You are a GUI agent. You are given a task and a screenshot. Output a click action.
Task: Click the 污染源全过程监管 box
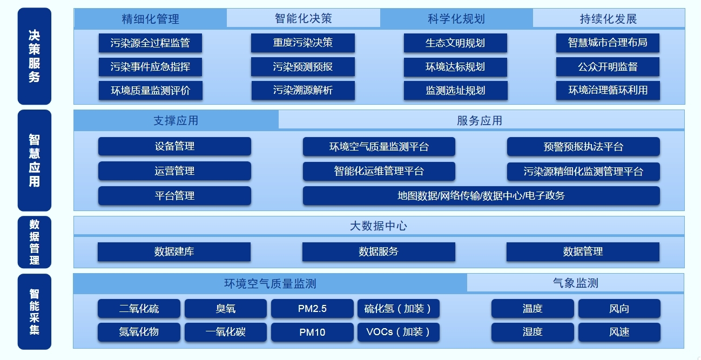tap(150, 43)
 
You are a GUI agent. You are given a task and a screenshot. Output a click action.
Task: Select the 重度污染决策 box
tap(303, 43)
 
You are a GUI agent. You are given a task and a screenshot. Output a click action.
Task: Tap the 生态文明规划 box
tap(455, 43)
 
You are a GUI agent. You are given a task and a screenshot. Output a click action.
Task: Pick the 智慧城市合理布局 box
tap(608, 43)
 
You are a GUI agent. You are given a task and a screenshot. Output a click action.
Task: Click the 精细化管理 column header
tap(150, 19)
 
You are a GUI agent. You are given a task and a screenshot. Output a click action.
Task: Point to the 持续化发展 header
tap(608, 19)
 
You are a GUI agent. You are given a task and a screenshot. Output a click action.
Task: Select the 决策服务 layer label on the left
tap(35, 56)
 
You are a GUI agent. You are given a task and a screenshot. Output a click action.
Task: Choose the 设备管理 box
tap(174, 146)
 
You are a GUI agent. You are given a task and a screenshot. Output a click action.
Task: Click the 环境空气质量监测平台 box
tap(379, 147)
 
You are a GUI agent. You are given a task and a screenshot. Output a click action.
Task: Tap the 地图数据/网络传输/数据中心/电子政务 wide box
tap(481, 196)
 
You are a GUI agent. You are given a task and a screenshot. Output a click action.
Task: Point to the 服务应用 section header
tap(480, 120)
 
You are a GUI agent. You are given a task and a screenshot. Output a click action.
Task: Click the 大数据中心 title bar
tap(379, 226)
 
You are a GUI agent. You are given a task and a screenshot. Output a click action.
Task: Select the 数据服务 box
tap(379, 252)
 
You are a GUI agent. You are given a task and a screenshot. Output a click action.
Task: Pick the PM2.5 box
tap(312, 309)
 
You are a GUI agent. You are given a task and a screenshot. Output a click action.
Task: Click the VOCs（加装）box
tap(399, 332)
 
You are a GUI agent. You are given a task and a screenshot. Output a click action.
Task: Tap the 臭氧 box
tap(225, 309)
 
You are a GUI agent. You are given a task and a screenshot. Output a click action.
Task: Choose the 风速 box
tap(619, 332)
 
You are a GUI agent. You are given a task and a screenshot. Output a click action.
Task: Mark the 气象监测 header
tap(575, 283)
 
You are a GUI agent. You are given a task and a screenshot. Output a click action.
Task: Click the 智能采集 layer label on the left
tap(35, 311)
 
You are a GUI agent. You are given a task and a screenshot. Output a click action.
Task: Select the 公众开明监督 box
tap(608, 67)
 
